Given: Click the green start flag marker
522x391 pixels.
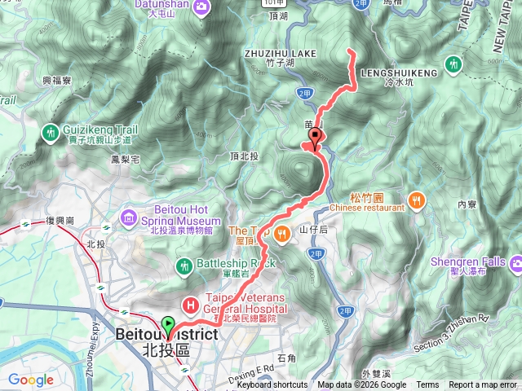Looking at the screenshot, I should point(168,325).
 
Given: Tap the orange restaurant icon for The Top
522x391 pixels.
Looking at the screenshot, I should point(281,235).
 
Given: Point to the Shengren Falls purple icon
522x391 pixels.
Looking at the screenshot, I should point(516,262).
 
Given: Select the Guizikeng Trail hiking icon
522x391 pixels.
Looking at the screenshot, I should point(51,130).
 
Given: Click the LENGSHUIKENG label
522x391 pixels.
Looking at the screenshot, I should point(397,72).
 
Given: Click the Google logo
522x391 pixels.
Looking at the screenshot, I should point(31,380).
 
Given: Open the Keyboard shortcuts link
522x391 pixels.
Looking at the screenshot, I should point(272,385).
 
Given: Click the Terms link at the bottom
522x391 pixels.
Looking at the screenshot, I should point(427,385).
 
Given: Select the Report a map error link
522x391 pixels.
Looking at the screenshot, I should point(483,385).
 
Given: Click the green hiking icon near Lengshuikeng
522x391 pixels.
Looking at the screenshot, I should point(454,64).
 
